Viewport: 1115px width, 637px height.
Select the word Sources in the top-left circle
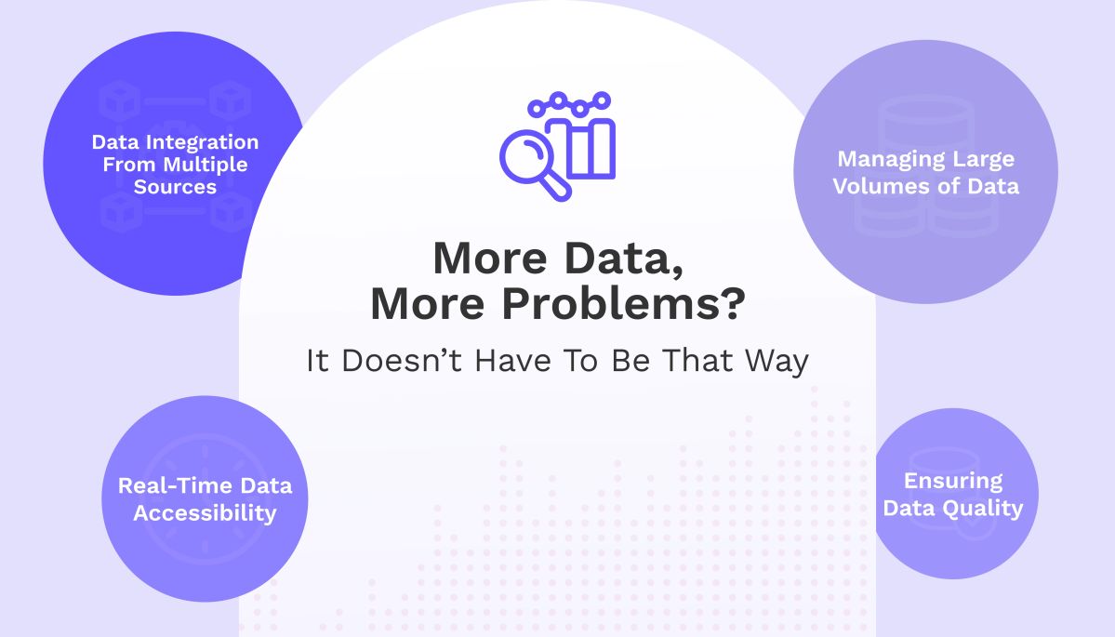point(174,186)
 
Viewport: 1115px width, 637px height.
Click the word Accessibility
point(205,512)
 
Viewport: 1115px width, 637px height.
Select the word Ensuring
point(953,482)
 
